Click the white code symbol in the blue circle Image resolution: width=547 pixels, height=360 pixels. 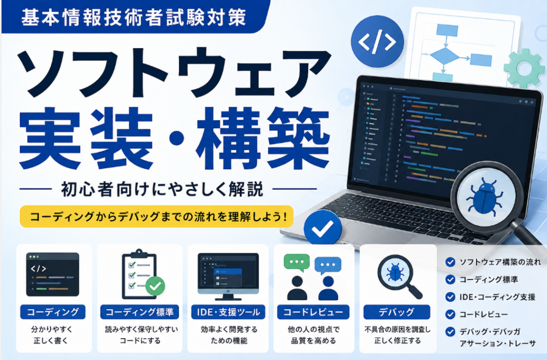[377, 42]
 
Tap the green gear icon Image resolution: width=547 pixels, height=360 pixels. [525, 68]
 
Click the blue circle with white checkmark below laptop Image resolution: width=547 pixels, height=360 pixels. [322, 228]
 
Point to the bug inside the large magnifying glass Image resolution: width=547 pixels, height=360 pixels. [485, 195]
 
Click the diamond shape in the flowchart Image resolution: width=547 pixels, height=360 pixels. [444, 56]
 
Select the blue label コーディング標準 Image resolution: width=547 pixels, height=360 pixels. [139, 312]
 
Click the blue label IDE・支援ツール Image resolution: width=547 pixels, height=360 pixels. [228, 312]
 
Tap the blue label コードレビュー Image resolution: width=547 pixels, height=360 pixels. [313, 312]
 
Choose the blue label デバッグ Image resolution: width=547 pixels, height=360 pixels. [397, 312]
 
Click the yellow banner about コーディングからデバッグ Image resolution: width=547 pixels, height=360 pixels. [157, 217]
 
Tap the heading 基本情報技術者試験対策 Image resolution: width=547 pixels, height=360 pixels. [134, 17]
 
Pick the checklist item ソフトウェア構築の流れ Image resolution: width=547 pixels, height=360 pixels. [500, 262]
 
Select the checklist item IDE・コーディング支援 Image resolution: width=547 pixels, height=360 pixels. [497, 297]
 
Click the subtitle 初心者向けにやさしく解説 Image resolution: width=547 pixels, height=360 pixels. [162, 190]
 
